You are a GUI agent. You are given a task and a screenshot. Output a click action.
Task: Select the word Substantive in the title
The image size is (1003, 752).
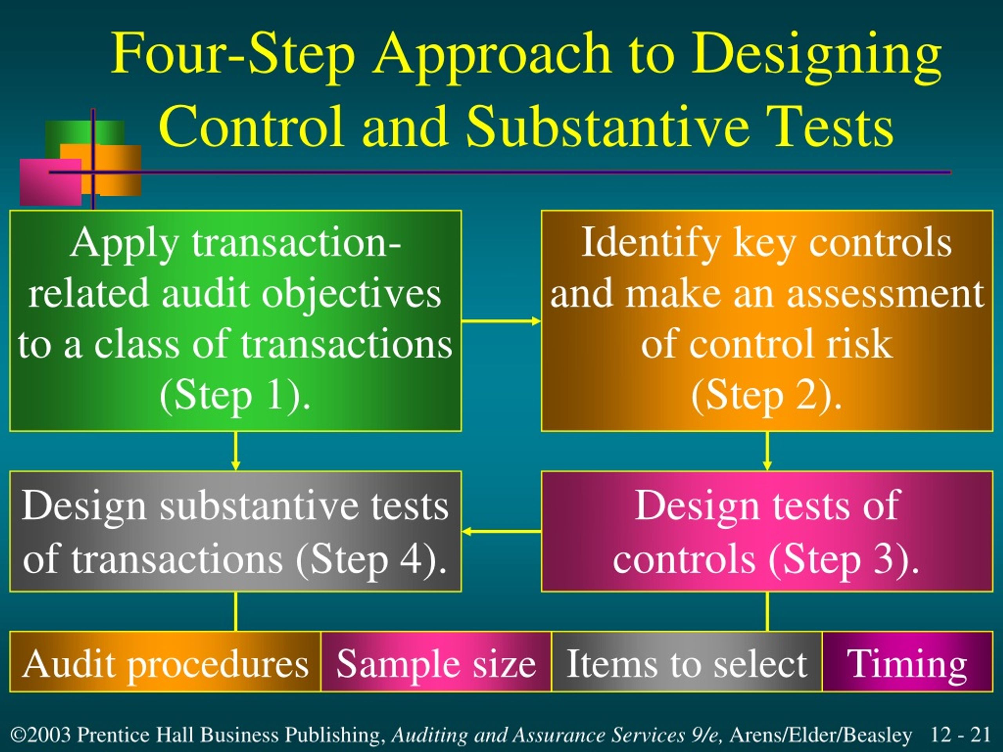(608, 126)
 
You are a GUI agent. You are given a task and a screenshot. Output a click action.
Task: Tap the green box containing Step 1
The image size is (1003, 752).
(235, 320)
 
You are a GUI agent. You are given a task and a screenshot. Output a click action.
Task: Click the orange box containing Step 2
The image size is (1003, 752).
(767, 320)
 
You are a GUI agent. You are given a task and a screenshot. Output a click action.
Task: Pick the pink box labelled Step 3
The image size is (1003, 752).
(767, 531)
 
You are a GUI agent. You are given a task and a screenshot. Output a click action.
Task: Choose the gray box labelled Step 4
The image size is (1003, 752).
(235, 531)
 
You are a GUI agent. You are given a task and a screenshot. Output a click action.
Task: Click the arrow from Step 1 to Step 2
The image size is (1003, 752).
(501, 322)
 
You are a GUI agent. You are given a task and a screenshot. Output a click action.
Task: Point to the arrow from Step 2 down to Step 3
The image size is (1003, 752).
(767, 451)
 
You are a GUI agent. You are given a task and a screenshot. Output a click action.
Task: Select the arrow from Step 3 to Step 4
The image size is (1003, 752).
(501, 531)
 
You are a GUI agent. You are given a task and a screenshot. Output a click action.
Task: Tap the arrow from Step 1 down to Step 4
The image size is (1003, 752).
(235, 451)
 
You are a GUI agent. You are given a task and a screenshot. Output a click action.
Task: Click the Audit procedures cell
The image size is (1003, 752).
(165, 662)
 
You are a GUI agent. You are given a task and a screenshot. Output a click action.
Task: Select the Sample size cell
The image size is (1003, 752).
(436, 662)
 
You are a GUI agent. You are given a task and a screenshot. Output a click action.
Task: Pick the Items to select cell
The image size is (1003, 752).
(687, 662)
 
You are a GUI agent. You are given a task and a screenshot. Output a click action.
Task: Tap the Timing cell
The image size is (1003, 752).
(907, 662)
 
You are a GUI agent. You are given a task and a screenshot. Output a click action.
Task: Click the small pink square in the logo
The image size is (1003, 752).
(50, 182)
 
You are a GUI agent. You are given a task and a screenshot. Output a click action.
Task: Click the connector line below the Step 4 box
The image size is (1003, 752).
(235, 611)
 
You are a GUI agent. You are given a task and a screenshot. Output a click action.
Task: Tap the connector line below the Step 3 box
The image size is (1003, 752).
(767, 611)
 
